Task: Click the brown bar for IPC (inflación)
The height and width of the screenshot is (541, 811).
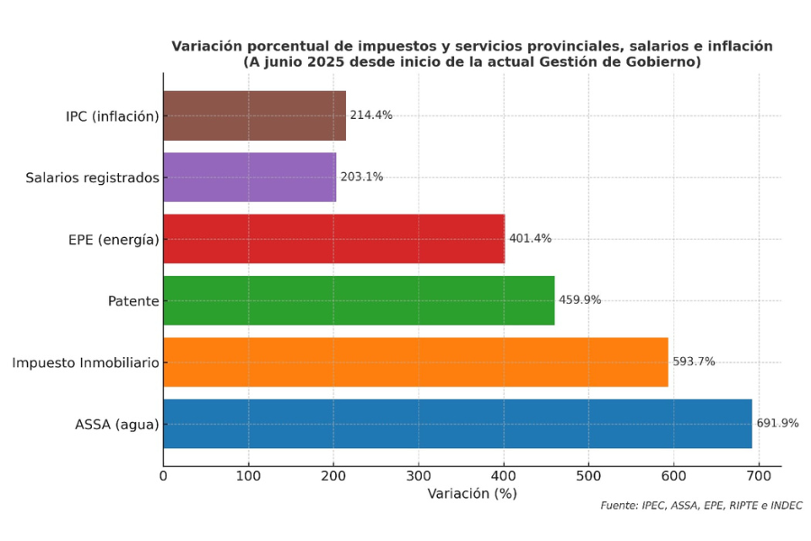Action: tap(254, 115)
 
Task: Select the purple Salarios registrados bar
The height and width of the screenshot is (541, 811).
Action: tap(250, 177)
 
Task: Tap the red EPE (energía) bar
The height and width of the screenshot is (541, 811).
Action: tap(333, 239)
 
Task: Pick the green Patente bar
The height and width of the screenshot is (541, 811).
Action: tap(359, 300)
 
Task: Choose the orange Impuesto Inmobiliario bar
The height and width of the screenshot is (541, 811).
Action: tap(415, 362)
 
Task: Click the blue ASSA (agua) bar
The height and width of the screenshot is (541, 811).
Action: tap(457, 423)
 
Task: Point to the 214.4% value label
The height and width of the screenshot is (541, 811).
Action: tap(371, 115)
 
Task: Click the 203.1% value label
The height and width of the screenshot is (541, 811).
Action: tap(361, 177)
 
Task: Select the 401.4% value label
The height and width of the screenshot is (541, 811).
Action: tap(530, 239)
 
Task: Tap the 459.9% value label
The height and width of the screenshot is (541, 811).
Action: tap(579, 300)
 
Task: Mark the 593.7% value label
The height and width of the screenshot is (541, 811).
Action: tap(694, 362)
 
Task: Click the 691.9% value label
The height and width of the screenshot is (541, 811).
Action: tap(777, 423)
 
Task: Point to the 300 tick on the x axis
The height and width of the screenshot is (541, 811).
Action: tap(418, 475)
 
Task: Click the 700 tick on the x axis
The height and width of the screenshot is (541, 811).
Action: tap(759, 475)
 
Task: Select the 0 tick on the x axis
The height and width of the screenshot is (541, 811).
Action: tap(163, 475)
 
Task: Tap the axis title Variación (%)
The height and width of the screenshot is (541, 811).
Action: tap(472, 494)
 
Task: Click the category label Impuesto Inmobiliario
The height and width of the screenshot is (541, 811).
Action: tap(86, 362)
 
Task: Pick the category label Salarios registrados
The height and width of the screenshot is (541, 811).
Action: tap(92, 178)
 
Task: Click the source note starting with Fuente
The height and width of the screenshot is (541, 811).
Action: tap(701, 506)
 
